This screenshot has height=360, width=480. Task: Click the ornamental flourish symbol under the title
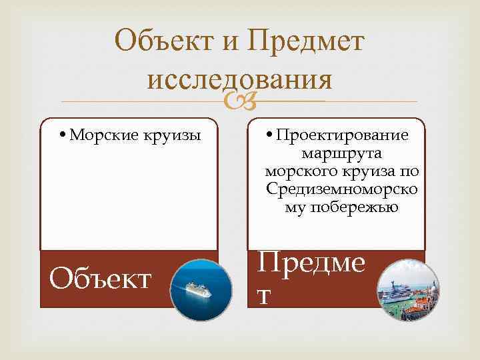(239, 100)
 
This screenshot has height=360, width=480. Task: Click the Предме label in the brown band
(311, 265)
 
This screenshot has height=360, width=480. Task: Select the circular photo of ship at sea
(201, 290)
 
